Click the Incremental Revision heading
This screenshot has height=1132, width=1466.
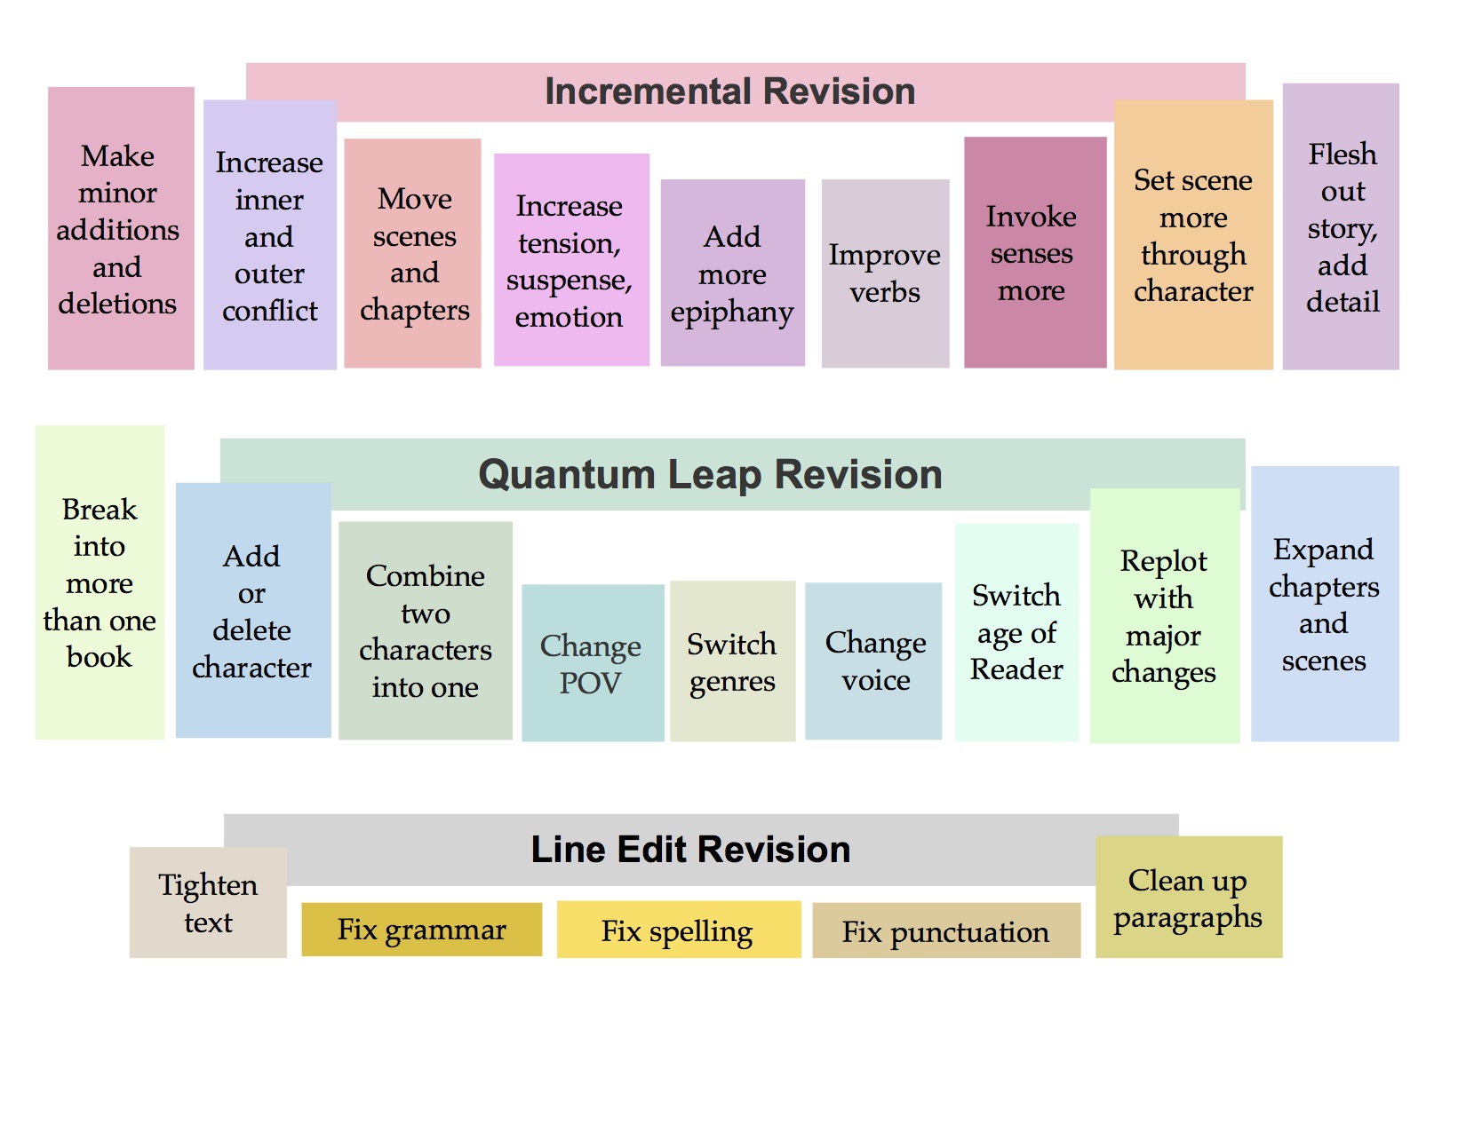(729, 91)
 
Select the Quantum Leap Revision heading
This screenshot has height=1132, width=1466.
(710, 475)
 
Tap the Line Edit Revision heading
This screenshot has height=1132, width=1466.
(690, 850)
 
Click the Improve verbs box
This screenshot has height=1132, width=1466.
(885, 273)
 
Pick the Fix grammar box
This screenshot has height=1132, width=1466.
(422, 930)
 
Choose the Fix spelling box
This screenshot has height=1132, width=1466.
(679, 930)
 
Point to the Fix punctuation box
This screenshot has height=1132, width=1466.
(946, 931)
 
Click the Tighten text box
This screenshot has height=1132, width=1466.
(208, 903)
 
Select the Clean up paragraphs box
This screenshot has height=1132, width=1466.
(1189, 898)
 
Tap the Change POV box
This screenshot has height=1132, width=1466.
(593, 663)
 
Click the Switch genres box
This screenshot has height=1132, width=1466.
(733, 661)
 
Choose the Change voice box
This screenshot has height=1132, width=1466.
(873, 661)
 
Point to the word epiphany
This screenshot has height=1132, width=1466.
(732, 313)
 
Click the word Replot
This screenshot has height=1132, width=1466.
(1164, 562)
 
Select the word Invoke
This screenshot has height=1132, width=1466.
(1031, 218)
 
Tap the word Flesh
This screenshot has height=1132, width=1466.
(1343, 154)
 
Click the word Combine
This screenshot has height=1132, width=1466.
(425, 576)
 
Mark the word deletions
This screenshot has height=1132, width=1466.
(117, 304)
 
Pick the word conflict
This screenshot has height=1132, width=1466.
(270, 311)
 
